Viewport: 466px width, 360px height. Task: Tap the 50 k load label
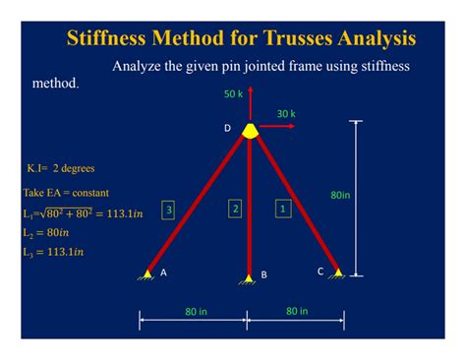[x=233, y=94]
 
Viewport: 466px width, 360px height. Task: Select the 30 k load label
[x=285, y=113]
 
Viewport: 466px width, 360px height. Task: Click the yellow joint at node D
[x=252, y=129]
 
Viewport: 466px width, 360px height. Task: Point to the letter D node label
[x=227, y=129]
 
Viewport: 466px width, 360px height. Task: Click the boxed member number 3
[x=169, y=210]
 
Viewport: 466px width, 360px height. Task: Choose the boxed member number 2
[x=235, y=209]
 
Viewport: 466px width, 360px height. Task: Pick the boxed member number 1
[x=283, y=209]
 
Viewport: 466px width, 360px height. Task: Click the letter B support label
[x=263, y=275]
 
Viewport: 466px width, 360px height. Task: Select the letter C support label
[x=320, y=270]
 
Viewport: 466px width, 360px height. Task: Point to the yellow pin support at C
[x=337, y=272]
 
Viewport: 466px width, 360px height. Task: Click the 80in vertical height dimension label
[x=340, y=195]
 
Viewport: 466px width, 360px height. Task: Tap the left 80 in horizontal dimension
[x=196, y=312]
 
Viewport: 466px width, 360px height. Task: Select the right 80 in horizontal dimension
[x=297, y=311]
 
